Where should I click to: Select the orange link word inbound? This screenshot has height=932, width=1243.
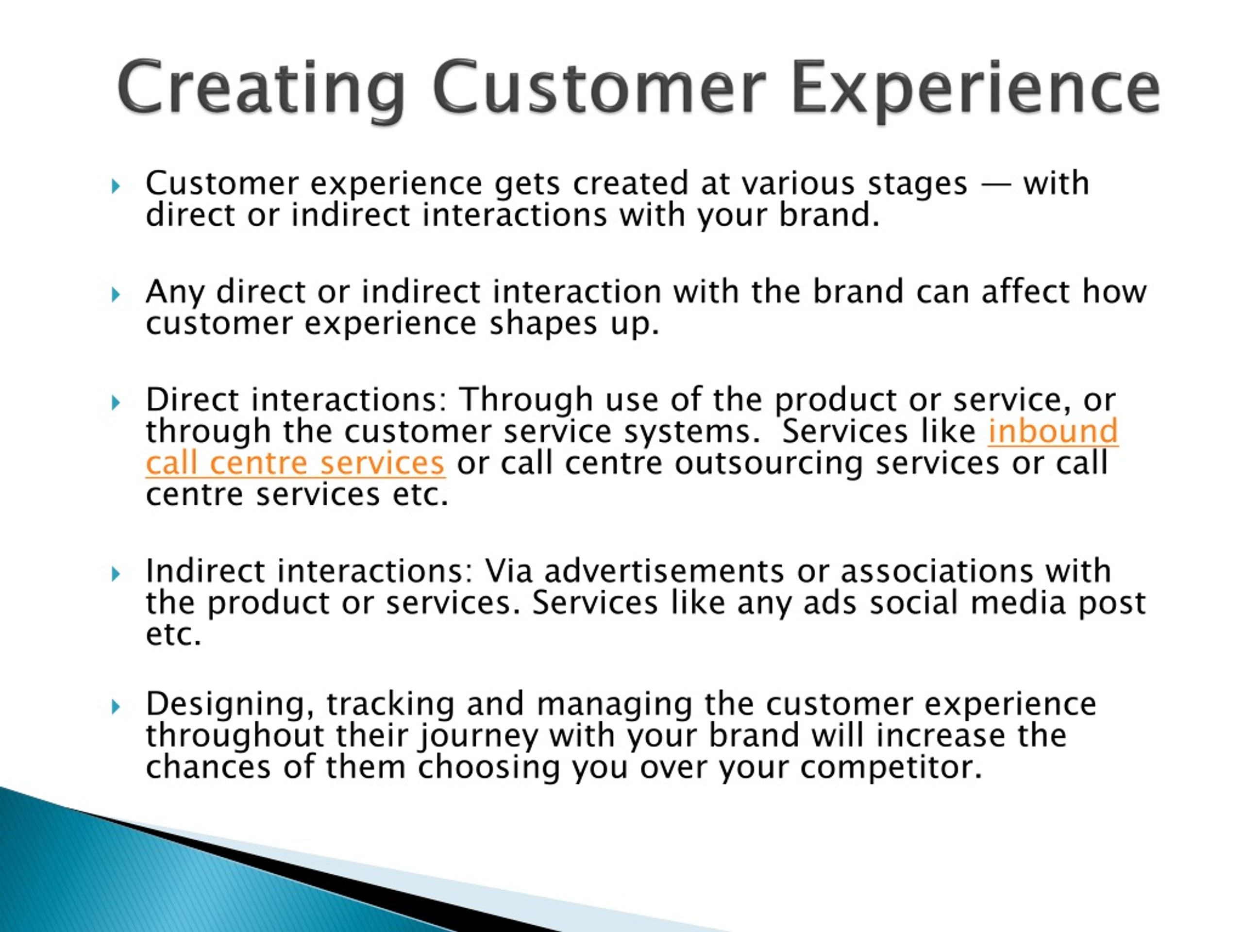pyautogui.click(x=1053, y=431)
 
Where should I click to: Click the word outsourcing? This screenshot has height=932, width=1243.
pyautogui.click(x=768, y=464)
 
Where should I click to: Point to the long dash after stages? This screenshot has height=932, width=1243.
pyautogui.click(x=995, y=185)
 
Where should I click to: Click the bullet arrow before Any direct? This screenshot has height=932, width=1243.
pyautogui.click(x=116, y=294)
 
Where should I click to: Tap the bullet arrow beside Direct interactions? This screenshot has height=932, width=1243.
pyautogui.click(x=116, y=402)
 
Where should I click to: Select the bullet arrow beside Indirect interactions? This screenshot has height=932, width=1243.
pyautogui.click(x=116, y=574)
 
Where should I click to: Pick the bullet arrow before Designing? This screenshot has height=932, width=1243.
pyautogui.click(x=116, y=706)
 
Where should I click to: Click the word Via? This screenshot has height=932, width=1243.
pyautogui.click(x=508, y=571)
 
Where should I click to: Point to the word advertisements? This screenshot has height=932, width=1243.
pyautogui.click(x=664, y=571)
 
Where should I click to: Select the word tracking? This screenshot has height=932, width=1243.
pyautogui.click(x=390, y=704)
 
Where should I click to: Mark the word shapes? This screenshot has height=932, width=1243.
pyautogui.click(x=543, y=325)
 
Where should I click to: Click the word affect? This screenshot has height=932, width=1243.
pyautogui.click(x=1025, y=292)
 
